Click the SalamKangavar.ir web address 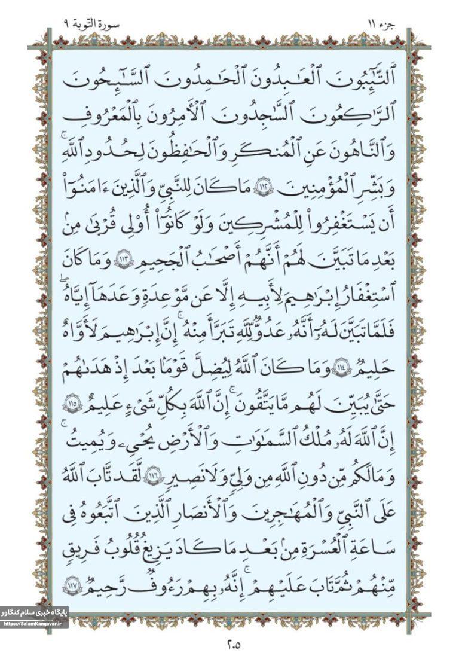[34, 623]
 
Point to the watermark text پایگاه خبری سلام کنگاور [34, 612]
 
